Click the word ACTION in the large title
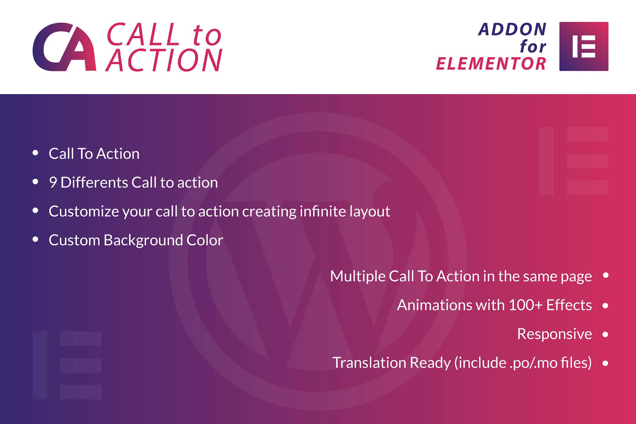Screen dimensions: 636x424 (164, 60)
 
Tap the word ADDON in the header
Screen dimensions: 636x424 (512, 29)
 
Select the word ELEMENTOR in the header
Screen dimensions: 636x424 (491, 64)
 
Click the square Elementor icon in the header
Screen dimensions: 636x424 (584, 46)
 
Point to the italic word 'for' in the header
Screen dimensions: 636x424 (533, 46)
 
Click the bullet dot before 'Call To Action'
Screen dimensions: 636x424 (35, 153)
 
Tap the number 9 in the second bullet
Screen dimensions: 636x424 (53, 183)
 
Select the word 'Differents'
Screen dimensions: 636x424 (94, 183)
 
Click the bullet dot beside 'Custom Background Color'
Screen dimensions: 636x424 (35, 240)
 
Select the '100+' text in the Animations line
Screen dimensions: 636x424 (526, 305)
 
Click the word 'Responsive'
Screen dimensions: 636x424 (554, 334)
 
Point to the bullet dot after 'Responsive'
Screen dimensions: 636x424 (605, 334)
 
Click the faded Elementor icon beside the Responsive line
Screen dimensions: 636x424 (67, 365)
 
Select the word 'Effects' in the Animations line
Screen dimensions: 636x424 (569, 305)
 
